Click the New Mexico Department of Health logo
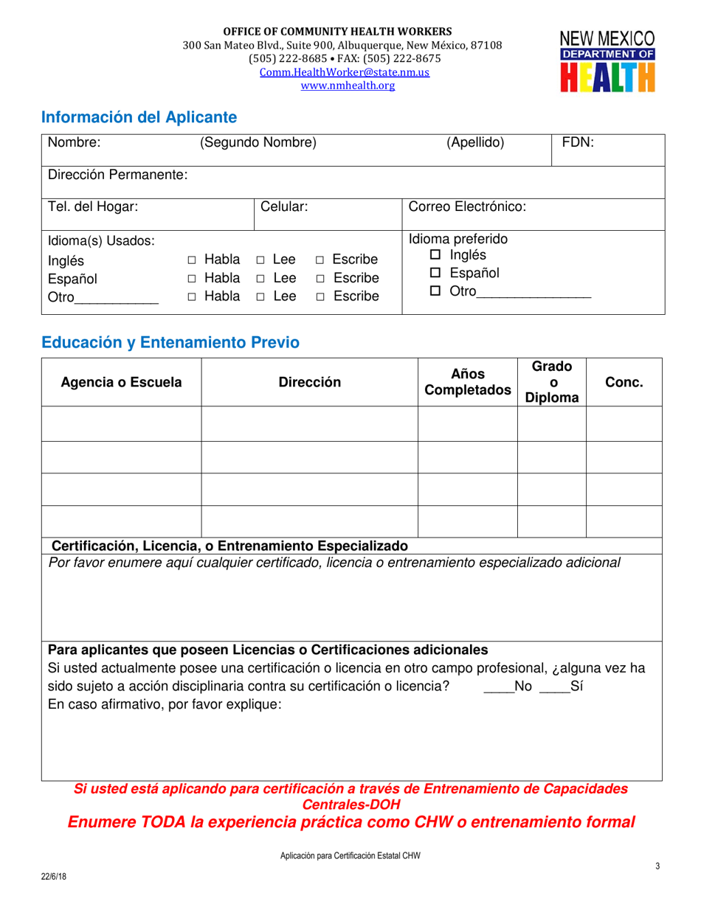coord(607,61)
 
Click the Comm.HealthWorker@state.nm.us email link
coord(343,72)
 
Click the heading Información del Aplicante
coord(139,117)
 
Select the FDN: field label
coord(578,143)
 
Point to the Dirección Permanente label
coord(117,175)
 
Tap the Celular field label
coord(284,207)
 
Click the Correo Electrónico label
coord(467,207)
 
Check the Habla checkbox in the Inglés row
coord(192,260)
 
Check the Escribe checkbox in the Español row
coord(320,279)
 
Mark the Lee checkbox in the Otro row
coord(261,297)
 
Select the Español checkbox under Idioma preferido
coord(435,274)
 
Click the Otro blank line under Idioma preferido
coord(533,292)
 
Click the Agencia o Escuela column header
coord(121,382)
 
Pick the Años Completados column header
coord(467,382)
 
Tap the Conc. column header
coord(624,382)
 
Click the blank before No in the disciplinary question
coord(498,687)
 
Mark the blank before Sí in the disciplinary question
coord(554,687)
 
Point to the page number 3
coord(657,866)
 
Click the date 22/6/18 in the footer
coord(52,877)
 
